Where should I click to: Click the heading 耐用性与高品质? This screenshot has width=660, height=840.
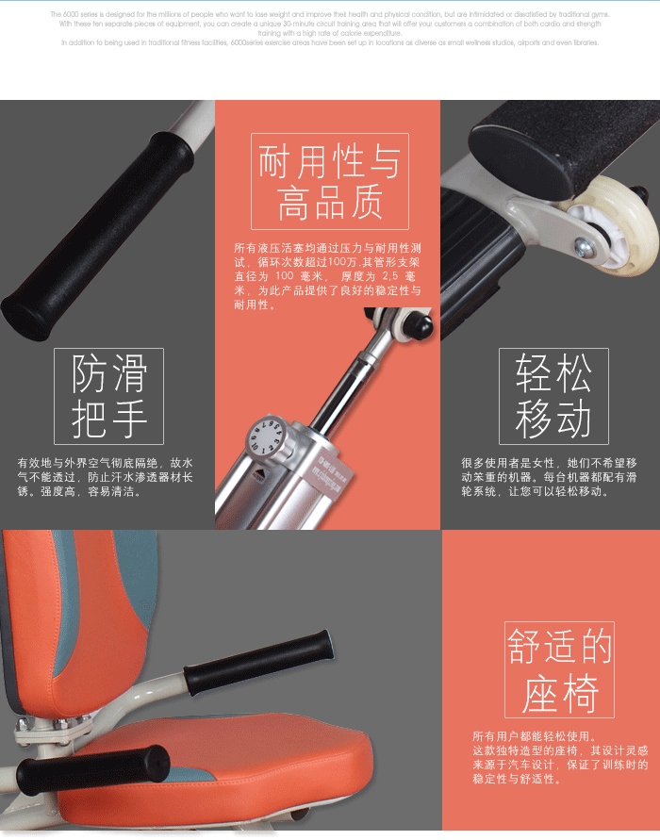point(329,182)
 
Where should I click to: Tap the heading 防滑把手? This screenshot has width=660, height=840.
point(108,396)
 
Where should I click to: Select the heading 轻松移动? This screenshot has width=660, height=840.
point(553,396)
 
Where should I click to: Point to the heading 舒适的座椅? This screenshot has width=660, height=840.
point(559,670)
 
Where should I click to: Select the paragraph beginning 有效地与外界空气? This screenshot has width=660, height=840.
point(105,477)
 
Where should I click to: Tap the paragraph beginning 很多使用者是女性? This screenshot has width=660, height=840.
point(549,477)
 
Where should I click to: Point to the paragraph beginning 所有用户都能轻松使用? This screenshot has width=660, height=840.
point(560,757)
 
